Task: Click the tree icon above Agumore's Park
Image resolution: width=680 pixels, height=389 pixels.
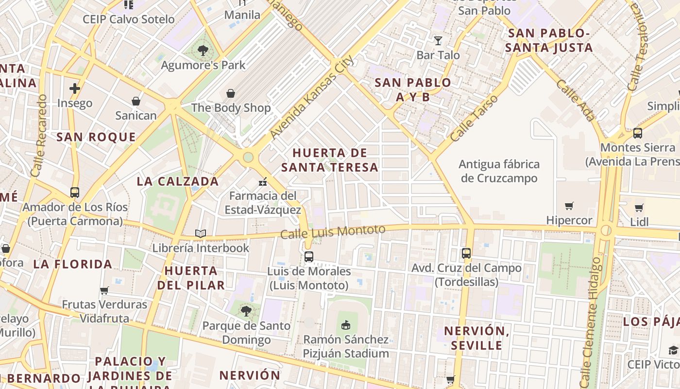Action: [x=203, y=50]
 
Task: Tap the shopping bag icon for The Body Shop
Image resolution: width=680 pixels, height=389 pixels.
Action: [x=231, y=93]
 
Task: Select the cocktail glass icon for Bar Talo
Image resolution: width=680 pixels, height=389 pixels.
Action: [x=438, y=40]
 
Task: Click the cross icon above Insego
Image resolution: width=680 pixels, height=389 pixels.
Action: [x=74, y=88]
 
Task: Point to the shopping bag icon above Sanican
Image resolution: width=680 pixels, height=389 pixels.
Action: [x=136, y=101]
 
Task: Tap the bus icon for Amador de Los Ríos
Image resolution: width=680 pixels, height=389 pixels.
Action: [x=74, y=192]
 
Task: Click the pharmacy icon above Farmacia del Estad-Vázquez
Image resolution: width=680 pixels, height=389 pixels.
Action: [x=263, y=182]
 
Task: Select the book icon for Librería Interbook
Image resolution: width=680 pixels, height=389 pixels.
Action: [x=201, y=234]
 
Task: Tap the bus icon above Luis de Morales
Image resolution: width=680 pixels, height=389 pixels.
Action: [x=309, y=257]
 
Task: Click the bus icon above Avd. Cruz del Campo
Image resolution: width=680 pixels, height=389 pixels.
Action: [x=466, y=253]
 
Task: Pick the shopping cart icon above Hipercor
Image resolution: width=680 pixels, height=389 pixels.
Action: [x=569, y=206]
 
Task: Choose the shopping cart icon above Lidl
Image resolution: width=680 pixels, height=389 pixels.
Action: [x=639, y=208]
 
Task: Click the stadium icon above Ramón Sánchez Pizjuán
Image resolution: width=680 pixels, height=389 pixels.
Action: [x=346, y=325]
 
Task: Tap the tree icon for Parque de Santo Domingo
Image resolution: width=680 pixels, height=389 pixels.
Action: [x=246, y=311]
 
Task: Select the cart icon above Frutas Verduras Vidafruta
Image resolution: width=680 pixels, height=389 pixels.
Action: [x=104, y=290]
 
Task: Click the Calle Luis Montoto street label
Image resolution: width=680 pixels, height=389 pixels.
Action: [x=333, y=231]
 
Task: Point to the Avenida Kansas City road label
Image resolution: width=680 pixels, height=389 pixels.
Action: [x=311, y=97]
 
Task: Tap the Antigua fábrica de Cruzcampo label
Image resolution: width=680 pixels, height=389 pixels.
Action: [x=499, y=171]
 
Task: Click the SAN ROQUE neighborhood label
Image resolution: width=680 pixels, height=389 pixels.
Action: [x=96, y=137]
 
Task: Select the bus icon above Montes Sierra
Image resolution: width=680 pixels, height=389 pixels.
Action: [x=638, y=133]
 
